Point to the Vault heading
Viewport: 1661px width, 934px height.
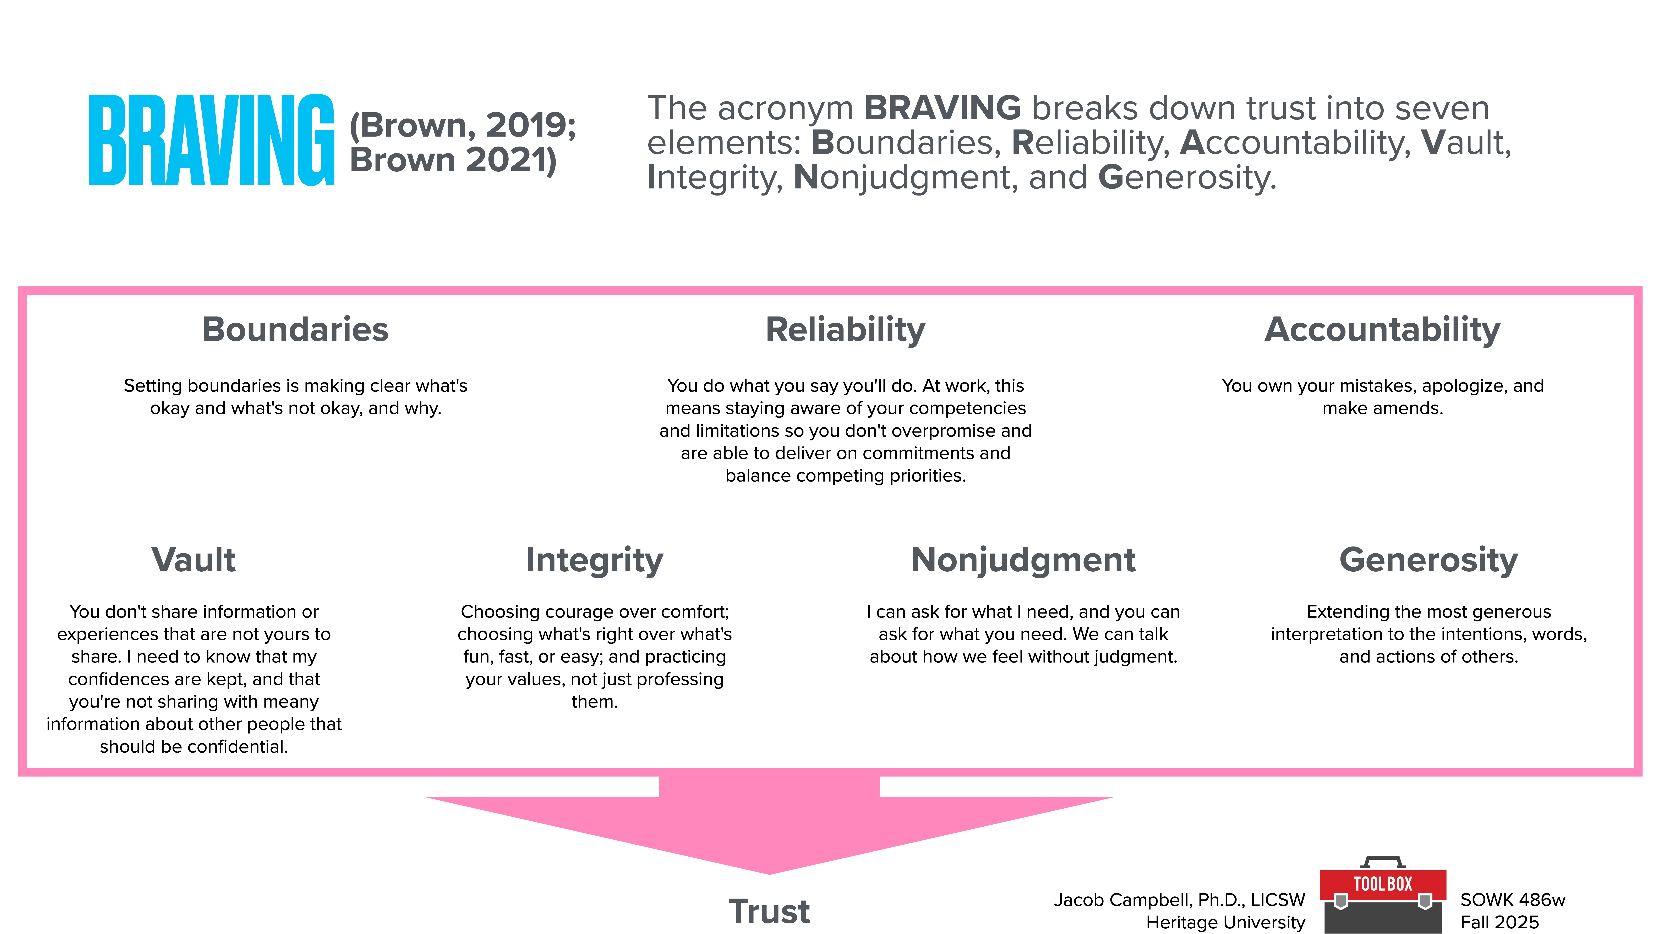(x=193, y=560)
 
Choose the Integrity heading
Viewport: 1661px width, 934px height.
(x=594, y=560)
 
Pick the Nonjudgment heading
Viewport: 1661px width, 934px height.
(x=1023, y=560)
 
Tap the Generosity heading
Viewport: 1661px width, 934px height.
(x=1428, y=560)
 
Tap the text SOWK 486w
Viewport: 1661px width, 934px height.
(x=1512, y=900)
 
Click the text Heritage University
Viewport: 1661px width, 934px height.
(x=1225, y=922)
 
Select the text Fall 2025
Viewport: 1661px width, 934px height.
(x=1499, y=922)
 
